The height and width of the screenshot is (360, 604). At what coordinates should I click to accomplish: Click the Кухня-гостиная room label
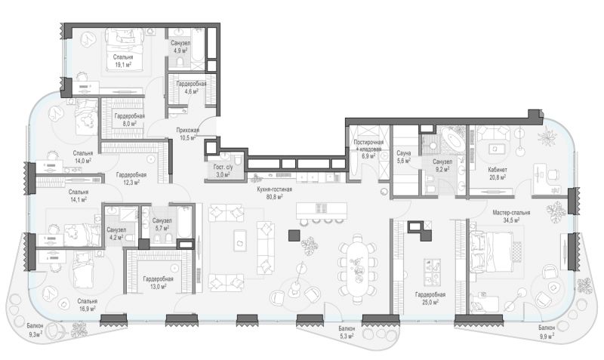click(x=275, y=189)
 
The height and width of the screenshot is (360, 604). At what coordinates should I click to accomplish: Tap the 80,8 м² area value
click(x=275, y=197)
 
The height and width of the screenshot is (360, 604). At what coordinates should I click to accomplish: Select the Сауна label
click(x=404, y=153)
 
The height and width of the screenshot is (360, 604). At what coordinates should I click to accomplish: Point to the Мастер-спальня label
click(x=511, y=213)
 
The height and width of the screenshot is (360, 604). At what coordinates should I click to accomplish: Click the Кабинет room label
click(x=498, y=169)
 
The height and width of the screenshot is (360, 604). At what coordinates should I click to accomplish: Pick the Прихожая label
click(x=187, y=130)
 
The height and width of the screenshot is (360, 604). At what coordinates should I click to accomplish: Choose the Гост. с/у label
click(x=223, y=168)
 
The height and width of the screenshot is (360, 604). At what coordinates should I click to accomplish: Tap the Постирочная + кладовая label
click(x=368, y=146)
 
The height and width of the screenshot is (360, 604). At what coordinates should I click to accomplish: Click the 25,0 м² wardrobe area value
click(x=430, y=302)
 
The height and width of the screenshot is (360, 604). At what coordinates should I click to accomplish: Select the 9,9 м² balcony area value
click(x=547, y=336)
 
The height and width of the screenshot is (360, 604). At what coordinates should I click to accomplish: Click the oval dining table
click(x=357, y=269)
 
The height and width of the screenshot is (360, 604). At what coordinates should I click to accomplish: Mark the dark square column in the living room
click(x=294, y=235)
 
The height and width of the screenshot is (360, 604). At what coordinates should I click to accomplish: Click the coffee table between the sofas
click(x=240, y=241)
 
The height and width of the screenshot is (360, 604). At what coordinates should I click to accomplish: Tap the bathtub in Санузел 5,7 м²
click(x=184, y=223)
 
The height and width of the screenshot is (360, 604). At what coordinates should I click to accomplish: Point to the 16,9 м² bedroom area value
click(x=87, y=309)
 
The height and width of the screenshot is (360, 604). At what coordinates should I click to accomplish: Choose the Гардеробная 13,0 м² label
click(x=158, y=279)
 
